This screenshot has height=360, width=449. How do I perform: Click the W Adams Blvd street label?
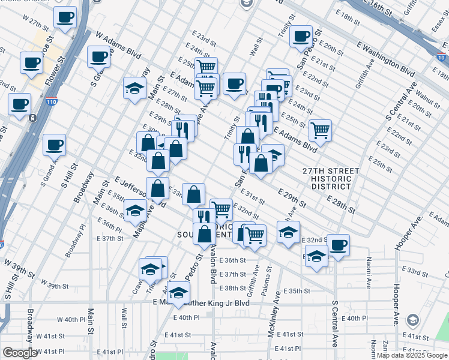tap(118, 46)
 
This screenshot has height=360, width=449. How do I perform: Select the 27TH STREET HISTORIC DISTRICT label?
tap(331, 179)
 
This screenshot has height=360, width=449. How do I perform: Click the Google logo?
tap(20, 353)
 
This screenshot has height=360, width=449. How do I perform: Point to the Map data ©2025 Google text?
tap(412, 355)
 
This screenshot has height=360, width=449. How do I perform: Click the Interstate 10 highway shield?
tap(441, 58)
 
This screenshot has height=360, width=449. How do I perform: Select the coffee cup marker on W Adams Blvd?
tap(99, 57)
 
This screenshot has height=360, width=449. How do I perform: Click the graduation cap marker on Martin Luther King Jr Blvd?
tap(177, 293)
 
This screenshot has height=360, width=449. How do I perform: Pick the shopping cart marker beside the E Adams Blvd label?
tap(320, 130)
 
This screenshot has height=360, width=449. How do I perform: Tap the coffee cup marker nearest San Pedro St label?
tap(301, 35)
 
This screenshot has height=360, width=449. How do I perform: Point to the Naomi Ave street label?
tap(367, 267)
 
